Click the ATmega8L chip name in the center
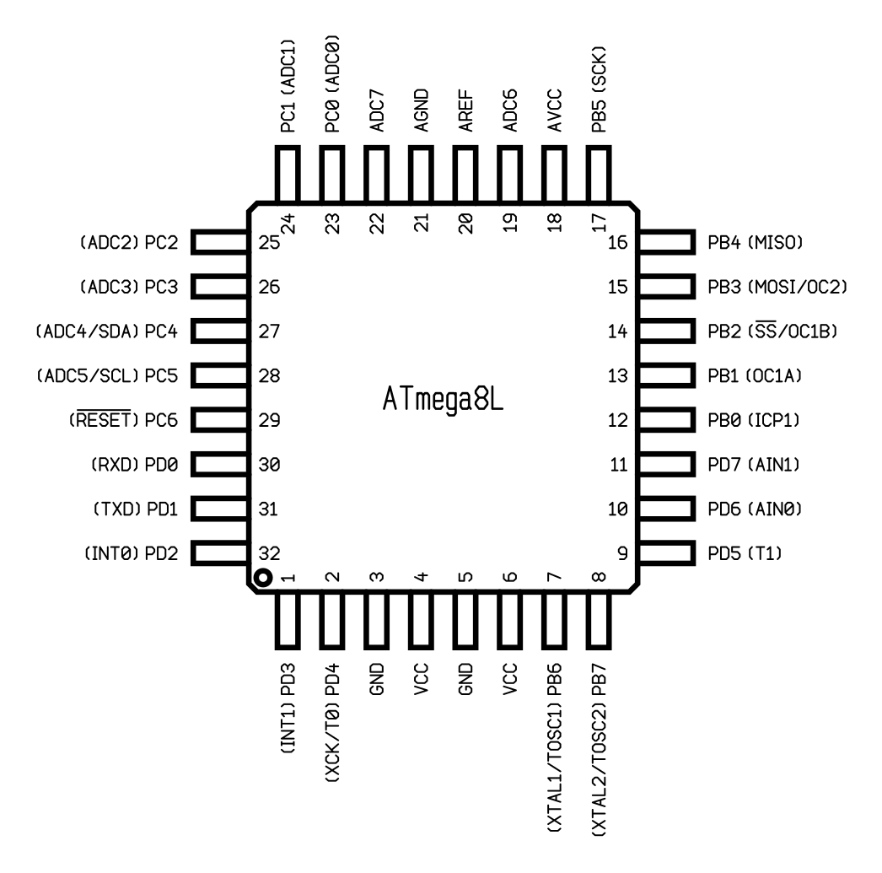click(x=443, y=399)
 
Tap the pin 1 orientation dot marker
click(x=263, y=577)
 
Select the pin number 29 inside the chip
click(x=270, y=420)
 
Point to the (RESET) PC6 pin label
click(x=122, y=419)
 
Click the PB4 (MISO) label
click(x=755, y=242)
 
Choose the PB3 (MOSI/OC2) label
click(x=777, y=287)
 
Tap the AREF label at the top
click(x=465, y=110)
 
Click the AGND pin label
click(x=422, y=110)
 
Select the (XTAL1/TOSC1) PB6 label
click(x=554, y=747)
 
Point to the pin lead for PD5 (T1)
click(x=667, y=553)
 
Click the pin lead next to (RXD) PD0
click(x=220, y=465)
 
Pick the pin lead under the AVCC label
click(x=555, y=175)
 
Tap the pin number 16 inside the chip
click(x=617, y=242)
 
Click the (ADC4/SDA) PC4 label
click(x=107, y=331)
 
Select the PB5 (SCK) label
click(x=599, y=89)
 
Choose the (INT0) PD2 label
click(x=131, y=553)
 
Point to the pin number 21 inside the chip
click(x=422, y=223)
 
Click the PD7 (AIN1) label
click(x=754, y=465)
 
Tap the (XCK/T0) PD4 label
click(x=332, y=723)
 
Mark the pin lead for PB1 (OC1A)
click(x=667, y=375)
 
